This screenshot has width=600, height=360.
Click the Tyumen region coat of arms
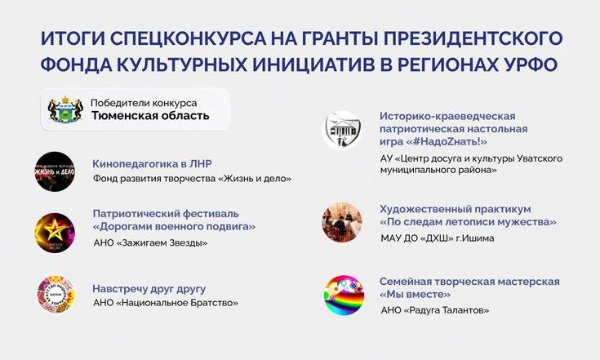(65, 109)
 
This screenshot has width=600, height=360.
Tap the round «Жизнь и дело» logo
(55, 171)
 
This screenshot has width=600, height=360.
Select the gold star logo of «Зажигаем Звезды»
(55, 232)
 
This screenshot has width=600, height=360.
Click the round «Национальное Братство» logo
(56, 295)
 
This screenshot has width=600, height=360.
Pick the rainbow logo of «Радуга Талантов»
(344, 295)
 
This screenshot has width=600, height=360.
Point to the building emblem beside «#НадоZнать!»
(343, 131)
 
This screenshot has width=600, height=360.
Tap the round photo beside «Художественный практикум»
(342, 223)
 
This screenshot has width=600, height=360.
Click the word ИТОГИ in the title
(73, 38)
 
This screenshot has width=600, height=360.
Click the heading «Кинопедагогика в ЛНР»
(152, 164)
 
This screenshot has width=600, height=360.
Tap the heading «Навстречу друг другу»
(149, 288)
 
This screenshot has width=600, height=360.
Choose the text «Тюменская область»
(150, 116)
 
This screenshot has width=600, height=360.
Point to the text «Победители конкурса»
(144, 103)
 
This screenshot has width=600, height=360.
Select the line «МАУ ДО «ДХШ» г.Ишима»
(438, 238)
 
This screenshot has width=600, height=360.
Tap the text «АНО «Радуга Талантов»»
(435, 310)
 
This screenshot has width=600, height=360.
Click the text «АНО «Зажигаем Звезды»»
(150, 243)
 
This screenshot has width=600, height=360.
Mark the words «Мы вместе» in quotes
(416, 295)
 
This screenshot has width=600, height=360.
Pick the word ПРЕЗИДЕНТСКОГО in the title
(473, 38)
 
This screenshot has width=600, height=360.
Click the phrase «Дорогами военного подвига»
(174, 226)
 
